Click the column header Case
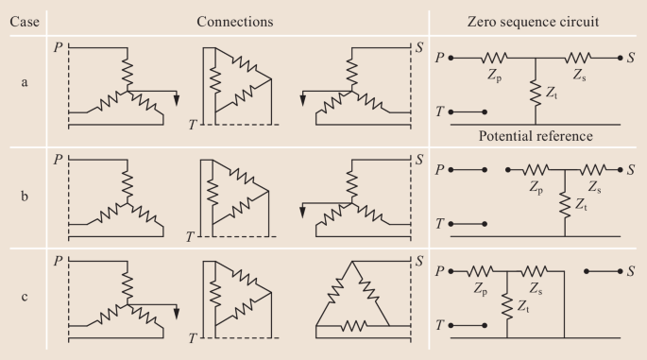coord(25,22)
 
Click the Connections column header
coord(235,22)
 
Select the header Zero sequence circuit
coord(533,22)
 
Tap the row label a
coord(25,82)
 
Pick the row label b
coord(25,196)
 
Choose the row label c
coord(25,297)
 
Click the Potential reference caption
coord(536,136)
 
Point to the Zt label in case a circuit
coord(552,93)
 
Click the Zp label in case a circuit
coord(494,76)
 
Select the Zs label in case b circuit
coord(595,187)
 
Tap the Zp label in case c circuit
coord(481,288)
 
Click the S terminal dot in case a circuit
coord(620,59)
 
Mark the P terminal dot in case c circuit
coord(451,271)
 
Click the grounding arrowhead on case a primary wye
coord(177,100)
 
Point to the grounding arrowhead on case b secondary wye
coord(302,213)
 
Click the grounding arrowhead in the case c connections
coord(177,314)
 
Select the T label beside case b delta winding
coord(190,236)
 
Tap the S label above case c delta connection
coord(419,261)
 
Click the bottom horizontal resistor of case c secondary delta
coord(353,326)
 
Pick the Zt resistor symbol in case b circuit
coord(565,203)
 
